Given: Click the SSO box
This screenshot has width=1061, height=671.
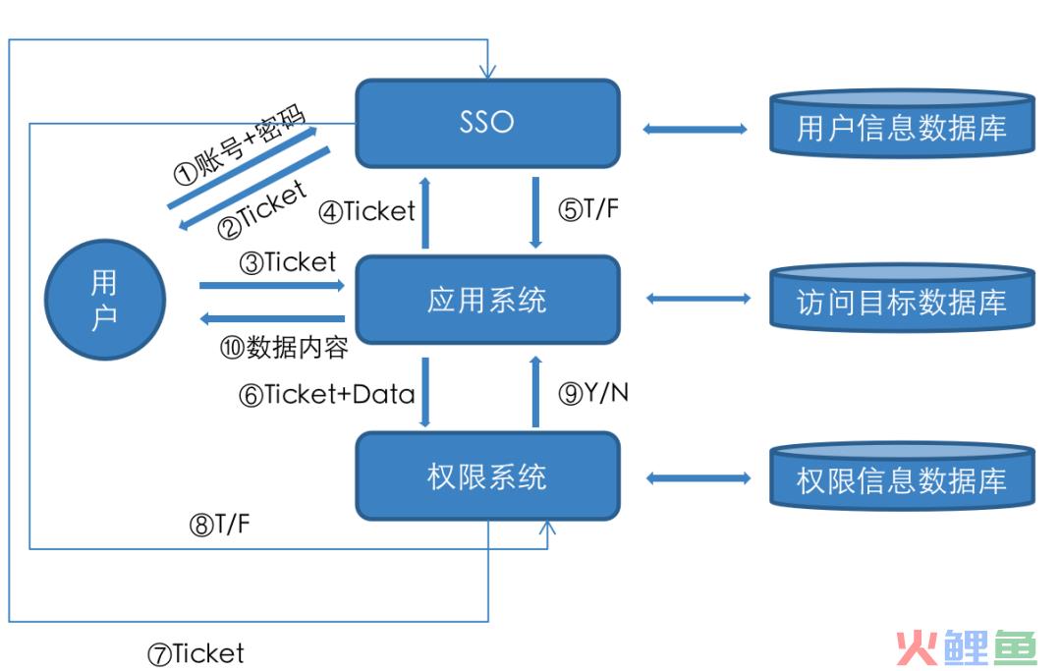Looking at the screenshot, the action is pos(487,123).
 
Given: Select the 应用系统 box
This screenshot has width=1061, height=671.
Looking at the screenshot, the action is pos(487,300).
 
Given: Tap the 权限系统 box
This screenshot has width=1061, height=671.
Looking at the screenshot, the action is pos(487,476).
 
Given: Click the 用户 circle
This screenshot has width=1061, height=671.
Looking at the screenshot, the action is pos(105,299).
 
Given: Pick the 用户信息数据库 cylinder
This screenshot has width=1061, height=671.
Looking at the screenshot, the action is pos(902,124).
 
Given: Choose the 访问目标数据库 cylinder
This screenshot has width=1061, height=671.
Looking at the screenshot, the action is pos(902,299).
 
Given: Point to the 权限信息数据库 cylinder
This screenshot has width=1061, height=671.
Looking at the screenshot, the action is pos(902,476).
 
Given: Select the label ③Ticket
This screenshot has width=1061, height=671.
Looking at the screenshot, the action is pos(288,262).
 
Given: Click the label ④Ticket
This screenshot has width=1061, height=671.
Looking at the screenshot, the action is pos(366,212).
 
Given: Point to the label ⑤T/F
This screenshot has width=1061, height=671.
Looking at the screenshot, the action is pos(588,209).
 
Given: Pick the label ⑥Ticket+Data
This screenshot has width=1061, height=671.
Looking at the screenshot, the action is pos(326,394).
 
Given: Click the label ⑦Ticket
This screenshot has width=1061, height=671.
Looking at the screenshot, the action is pos(195,654).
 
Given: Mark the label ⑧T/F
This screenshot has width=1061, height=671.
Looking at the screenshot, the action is pos(219,525).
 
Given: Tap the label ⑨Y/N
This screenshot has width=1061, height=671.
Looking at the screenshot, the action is pos(592,392).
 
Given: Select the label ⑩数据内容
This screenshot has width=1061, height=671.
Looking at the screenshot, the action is pos(284,348).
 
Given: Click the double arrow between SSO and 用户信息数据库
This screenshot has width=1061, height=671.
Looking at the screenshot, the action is pos(695,129).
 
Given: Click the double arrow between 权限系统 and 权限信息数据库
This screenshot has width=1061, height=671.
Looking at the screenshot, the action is pos(698,478).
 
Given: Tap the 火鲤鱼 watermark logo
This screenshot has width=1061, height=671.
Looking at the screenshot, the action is pos(967,647).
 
